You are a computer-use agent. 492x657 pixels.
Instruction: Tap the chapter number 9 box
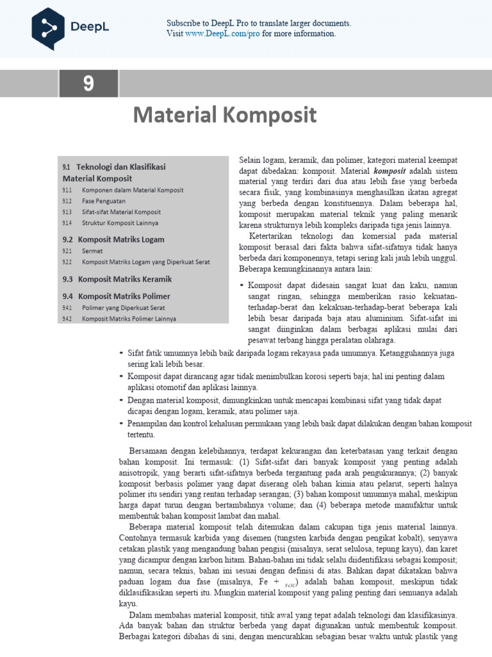pyautogui.click(x=88, y=85)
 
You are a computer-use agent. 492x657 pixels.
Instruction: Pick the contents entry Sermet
pyautogui.click(x=92, y=251)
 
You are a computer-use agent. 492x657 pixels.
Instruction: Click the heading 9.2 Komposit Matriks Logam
pyautogui.click(x=113, y=239)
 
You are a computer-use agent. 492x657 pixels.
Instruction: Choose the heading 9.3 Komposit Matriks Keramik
pyautogui.click(x=117, y=279)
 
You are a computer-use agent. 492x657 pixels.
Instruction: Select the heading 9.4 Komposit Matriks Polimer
pyautogui.click(x=116, y=296)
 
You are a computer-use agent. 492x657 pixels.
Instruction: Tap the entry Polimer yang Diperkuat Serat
pyautogui.click(x=119, y=307)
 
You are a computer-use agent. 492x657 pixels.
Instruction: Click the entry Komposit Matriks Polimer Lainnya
pyautogui.click(x=129, y=318)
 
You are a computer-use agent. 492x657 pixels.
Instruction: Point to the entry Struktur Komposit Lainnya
pyautogui.click(x=120, y=223)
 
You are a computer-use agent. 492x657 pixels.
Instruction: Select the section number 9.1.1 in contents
pyautogui.click(x=67, y=190)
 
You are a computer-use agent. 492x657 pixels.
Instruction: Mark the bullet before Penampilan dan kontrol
pyautogui.click(x=122, y=424)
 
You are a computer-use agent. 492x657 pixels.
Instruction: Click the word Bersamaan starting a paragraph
pyautogui.click(x=151, y=450)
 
